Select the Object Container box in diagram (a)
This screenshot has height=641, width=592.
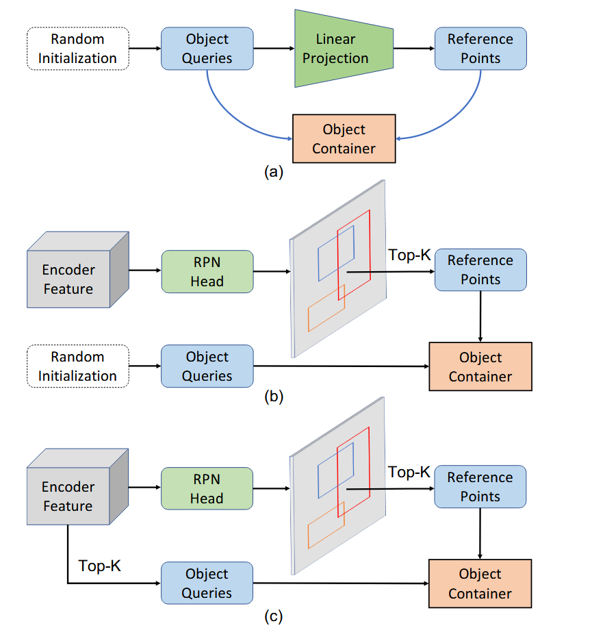pyautogui.click(x=344, y=138)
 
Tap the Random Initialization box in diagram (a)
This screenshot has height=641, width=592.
pyautogui.click(x=77, y=49)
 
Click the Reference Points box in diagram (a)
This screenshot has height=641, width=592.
pyautogui.click(x=480, y=49)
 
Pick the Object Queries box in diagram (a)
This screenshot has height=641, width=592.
pyautogui.click(x=207, y=49)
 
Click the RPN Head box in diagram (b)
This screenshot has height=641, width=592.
pyautogui.click(x=207, y=271)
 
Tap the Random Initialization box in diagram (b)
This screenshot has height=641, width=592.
pyautogui.click(x=77, y=366)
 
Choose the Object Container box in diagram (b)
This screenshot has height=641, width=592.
pyautogui.click(x=480, y=366)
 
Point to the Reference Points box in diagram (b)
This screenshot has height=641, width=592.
pyautogui.click(x=480, y=270)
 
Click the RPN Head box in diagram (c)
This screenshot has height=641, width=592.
pyautogui.click(x=207, y=488)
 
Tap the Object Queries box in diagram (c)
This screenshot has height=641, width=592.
pyautogui.click(x=207, y=583)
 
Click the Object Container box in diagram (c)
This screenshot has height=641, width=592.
pyautogui.click(x=480, y=583)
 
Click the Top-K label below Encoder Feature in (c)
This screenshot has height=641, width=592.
pyautogui.click(x=100, y=566)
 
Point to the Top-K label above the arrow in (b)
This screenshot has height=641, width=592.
pyautogui.click(x=409, y=255)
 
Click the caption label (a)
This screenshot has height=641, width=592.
pyautogui.click(x=273, y=172)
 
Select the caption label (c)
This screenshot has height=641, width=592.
pyautogui.click(x=273, y=616)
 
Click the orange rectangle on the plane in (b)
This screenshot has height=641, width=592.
pyautogui.click(x=325, y=308)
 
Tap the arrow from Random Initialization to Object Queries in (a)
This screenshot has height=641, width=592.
pyautogui.click(x=144, y=49)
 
